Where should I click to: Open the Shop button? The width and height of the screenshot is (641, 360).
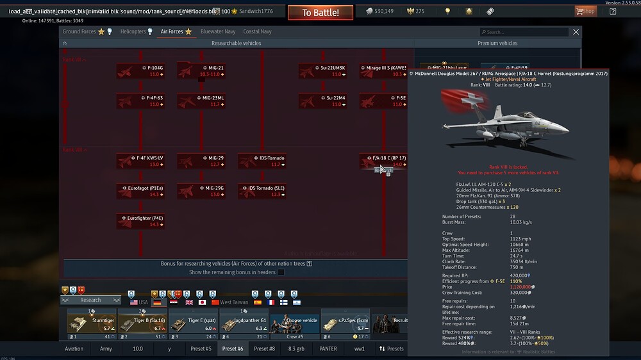click(x=585, y=11)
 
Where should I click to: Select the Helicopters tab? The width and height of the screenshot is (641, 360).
click(x=137, y=31)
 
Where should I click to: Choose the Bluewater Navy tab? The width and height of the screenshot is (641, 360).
click(x=217, y=31)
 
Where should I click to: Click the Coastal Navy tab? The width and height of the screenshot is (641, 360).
click(x=257, y=31)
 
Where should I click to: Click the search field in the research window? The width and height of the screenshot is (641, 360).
click(x=526, y=32)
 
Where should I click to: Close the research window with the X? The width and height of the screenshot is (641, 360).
click(x=576, y=32)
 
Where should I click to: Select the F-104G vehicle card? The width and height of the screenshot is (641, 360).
click(x=140, y=70)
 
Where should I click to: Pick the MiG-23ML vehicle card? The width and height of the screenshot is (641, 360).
click(x=201, y=101)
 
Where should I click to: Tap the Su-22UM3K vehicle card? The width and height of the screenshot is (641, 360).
click(x=322, y=70)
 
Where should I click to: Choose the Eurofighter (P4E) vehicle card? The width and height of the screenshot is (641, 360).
click(x=140, y=221)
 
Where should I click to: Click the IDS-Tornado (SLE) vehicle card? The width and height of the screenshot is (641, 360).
click(x=262, y=191)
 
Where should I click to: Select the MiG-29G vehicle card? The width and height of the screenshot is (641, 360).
click(x=201, y=191)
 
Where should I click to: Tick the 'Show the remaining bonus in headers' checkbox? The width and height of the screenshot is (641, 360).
click(x=281, y=272)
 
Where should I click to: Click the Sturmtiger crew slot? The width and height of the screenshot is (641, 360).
click(x=91, y=324)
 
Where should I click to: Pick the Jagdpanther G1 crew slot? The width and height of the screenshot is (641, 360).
click(x=244, y=324)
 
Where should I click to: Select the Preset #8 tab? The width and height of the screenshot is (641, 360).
click(x=264, y=349)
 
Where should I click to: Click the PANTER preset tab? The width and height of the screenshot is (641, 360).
click(x=328, y=349)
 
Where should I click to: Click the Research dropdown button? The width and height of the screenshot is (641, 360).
click(x=90, y=300)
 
